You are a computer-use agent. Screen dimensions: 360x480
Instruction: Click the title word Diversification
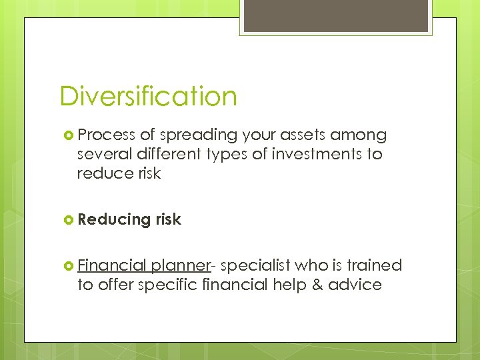point(148,96)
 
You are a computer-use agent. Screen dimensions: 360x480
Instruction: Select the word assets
point(305,135)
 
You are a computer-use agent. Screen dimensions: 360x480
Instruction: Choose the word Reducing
point(114,219)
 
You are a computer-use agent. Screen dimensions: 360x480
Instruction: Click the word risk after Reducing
point(168,219)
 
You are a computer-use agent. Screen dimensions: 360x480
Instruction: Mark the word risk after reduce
point(148,174)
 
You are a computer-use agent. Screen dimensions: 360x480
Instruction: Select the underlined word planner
point(180,265)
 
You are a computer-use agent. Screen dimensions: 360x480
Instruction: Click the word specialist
point(255,265)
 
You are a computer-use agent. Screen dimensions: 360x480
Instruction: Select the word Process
point(107,135)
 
